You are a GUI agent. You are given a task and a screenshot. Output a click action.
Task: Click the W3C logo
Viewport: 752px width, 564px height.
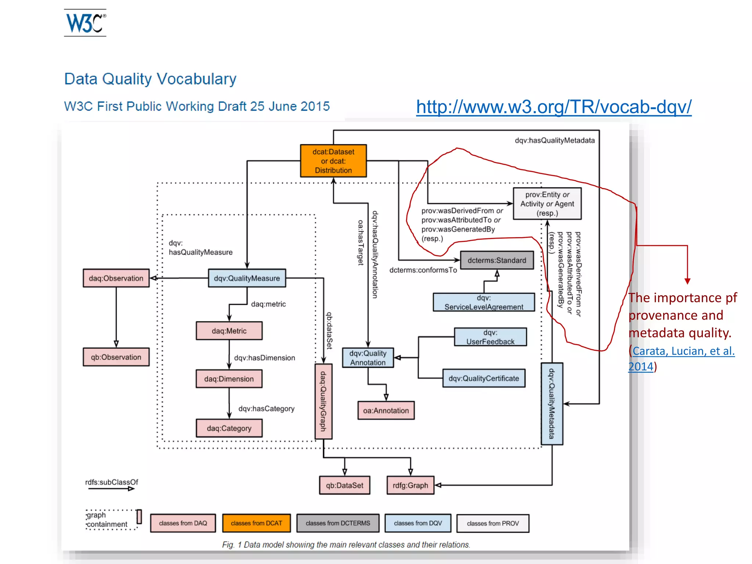[85, 23]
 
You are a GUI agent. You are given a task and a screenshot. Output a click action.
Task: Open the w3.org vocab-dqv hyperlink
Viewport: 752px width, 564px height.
[553, 107]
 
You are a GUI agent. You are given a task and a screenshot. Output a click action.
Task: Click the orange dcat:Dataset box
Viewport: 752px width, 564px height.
[333, 161]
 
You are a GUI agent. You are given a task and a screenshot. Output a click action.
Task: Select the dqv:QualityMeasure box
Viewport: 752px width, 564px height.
[247, 278]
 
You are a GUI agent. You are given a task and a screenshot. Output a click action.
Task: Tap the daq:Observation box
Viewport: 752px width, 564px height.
[116, 278]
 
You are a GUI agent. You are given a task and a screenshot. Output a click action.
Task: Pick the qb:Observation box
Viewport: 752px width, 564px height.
[116, 357]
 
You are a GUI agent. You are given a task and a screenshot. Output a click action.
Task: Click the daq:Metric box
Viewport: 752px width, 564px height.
[229, 331]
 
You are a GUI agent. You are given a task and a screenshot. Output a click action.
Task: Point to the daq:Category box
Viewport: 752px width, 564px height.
[229, 428]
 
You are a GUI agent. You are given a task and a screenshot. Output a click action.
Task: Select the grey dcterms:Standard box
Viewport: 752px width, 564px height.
[497, 260]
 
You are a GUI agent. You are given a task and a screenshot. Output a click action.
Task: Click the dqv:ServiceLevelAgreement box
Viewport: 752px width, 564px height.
[484, 302]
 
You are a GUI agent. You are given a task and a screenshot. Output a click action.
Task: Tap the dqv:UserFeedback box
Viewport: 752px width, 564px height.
[490, 337]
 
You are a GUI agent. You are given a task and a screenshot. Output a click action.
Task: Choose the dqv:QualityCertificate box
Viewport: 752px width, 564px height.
[484, 378]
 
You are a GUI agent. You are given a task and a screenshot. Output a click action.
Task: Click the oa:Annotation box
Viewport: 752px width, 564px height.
[386, 411]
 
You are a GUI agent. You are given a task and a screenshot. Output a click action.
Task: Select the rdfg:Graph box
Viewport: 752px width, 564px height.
[410, 485]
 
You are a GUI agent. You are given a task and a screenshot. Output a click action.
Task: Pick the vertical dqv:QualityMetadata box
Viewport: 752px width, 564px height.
[552, 404]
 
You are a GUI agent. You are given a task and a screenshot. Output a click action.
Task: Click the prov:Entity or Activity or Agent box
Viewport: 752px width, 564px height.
[547, 204]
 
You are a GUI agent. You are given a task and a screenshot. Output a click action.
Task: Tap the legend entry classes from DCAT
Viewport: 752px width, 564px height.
[256, 523]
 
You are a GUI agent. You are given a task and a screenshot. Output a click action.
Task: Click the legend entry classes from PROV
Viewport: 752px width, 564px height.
[493, 523]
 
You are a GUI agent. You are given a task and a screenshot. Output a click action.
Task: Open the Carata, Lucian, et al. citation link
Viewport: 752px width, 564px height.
[683, 351]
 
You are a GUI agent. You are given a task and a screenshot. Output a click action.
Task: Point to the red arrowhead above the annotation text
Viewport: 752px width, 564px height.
[687, 281]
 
